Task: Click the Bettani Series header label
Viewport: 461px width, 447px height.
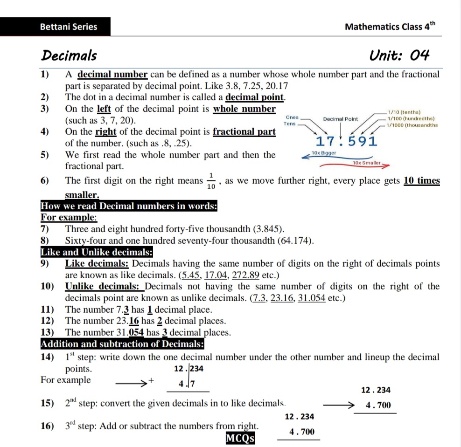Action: click(69, 27)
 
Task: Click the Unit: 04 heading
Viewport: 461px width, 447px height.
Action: click(399, 56)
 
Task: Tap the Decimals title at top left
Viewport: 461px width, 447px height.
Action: click(69, 56)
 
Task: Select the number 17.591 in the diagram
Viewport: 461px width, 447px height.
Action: click(346, 141)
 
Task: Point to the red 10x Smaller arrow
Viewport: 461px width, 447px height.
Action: click(369, 164)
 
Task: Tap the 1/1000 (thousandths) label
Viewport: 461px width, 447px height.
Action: click(409, 125)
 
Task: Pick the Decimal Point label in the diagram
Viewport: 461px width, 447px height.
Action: click(340, 119)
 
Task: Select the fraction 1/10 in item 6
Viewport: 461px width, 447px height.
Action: click(211, 181)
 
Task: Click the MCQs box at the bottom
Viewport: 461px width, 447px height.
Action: click(240, 439)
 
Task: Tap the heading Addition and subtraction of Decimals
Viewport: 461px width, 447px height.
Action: click(122, 344)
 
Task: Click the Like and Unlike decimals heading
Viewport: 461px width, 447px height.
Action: click(97, 252)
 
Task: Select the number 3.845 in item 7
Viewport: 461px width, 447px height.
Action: click(268, 229)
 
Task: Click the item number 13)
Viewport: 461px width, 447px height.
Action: click(47, 332)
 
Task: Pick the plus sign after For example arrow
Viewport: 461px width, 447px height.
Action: click(151, 381)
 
